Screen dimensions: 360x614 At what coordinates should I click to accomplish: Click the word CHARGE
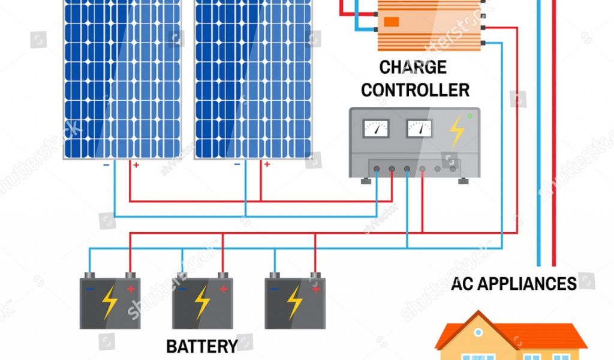click(413, 67)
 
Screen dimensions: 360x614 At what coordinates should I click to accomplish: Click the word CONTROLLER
click(415, 90)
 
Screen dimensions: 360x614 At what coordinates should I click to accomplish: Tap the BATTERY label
click(201, 346)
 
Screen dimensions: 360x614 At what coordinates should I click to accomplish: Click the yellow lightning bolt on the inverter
click(457, 131)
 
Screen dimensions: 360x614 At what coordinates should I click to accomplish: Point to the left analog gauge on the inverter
click(377, 128)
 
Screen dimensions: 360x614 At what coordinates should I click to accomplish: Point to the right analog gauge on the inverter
click(419, 128)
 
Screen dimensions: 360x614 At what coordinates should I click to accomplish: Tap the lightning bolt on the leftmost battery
click(109, 302)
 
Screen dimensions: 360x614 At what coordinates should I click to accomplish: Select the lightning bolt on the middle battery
click(202, 302)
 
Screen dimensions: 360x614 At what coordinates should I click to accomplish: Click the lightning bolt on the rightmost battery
click(294, 302)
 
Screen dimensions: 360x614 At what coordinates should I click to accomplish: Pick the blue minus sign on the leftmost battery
click(89, 289)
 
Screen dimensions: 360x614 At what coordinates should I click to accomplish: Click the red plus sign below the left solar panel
click(136, 164)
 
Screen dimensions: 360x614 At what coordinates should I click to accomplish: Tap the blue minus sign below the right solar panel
click(237, 164)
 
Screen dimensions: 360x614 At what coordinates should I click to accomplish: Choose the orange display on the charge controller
click(391, 22)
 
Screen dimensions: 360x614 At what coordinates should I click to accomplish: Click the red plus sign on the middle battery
click(223, 289)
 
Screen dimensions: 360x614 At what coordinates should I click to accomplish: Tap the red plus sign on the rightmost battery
click(315, 289)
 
